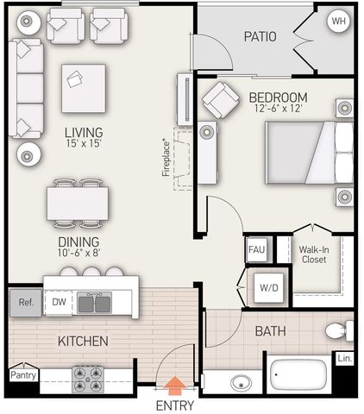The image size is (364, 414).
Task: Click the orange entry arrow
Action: coord(175,386)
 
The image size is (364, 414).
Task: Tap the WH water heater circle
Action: coord(339,21)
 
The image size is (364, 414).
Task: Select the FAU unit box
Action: coord(257,249)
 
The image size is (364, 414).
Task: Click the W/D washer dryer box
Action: coord(269,287)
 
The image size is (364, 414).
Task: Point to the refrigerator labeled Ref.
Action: coord(26,303)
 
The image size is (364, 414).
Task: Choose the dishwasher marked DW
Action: coord(59,303)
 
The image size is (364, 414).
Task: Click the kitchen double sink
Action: coord(94,303)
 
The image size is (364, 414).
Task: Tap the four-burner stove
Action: coord(88,379)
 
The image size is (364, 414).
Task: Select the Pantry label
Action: coord(23,375)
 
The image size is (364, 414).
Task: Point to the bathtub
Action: coord(300,374)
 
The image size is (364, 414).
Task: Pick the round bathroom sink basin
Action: coord(242,383)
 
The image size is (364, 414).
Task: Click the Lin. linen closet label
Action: coord(345,358)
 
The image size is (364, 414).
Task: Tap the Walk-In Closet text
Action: coord(314,254)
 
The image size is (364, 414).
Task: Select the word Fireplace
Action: coord(166,157)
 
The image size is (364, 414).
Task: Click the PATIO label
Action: coord(260,36)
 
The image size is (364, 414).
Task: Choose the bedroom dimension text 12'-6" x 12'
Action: coord(279,109)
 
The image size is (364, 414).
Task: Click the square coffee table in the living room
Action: coord(84,89)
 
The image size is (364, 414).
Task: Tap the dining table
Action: coord(78,204)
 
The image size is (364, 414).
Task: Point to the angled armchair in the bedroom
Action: coord(221,100)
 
